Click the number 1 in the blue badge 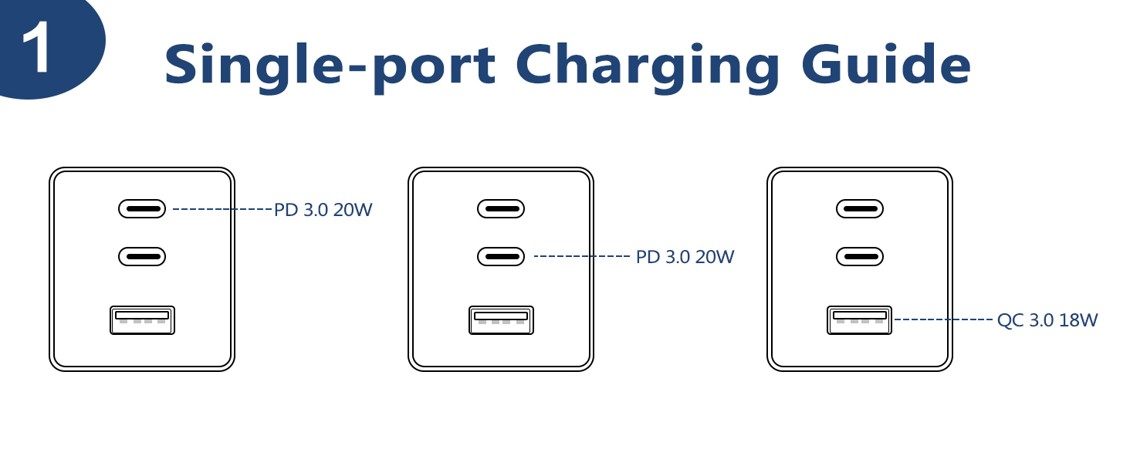click(x=37, y=48)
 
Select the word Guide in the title click(x=886, y=65)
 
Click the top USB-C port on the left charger click(x=142, y=208)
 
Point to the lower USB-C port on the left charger click(x=142, y=256)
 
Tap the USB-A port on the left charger click(x=142, y=320)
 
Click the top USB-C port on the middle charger click(x=501, y=208)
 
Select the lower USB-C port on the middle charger click(x=501, y=256)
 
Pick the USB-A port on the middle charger click(x=501, y=320)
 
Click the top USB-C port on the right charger click(x=860, y=208)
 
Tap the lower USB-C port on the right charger click(x=860, y=256)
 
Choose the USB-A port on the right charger click(x=860, y=320)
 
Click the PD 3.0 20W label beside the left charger click(x=323, y=210)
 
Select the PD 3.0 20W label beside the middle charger click(x=685, y=257)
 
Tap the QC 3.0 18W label click(x=1047, y=320)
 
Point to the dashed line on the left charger click(x=222, y=209)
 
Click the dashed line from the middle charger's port click(x=583, y=256)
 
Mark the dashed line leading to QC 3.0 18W click(x=943, y=319)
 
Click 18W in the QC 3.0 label click(x=1078, y=320)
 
